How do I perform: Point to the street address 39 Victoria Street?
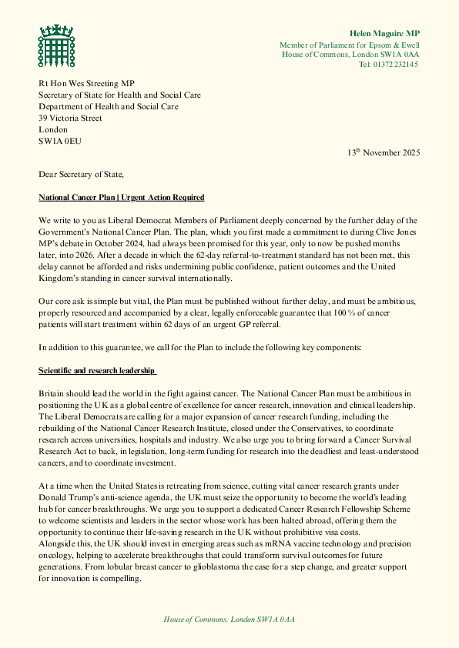(70, 119)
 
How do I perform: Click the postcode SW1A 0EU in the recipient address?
(60, 142)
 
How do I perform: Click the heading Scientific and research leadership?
(97, 371)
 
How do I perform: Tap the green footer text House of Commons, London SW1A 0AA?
(229, 619)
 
